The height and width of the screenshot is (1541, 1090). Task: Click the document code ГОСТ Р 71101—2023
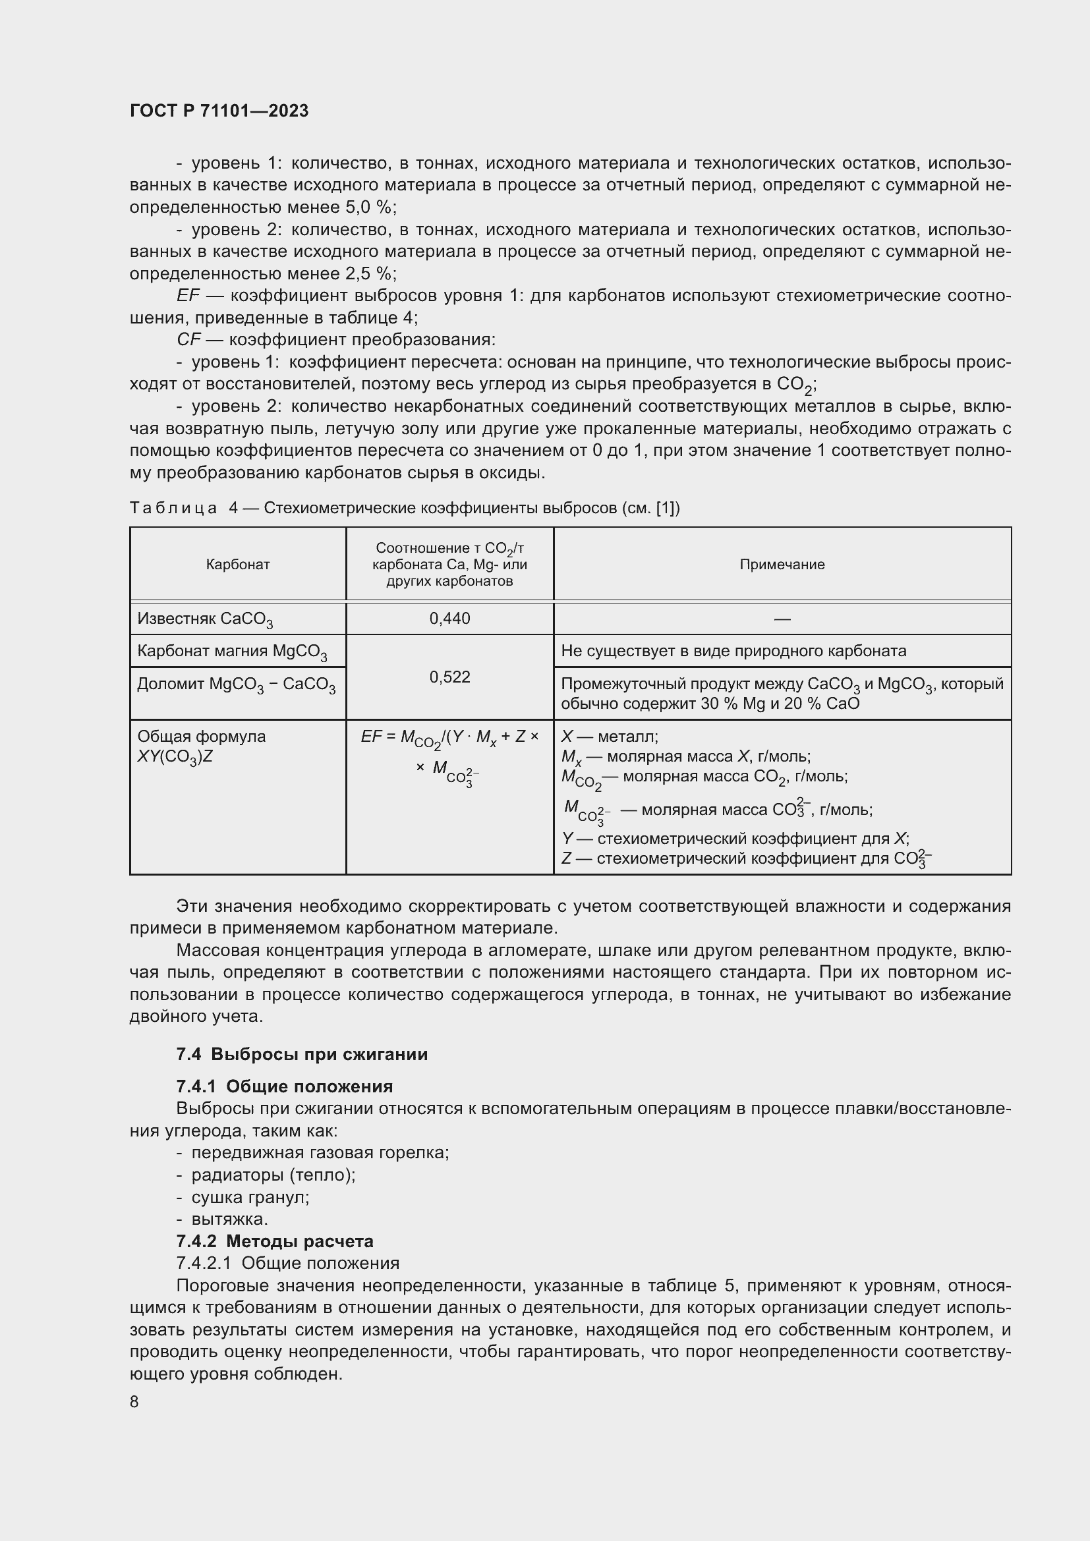point(219,111)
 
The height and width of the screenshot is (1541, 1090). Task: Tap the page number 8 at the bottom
point(134,1401)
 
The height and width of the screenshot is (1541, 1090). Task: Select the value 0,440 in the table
point(449,618)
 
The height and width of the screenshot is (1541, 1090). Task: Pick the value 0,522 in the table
point(449,677)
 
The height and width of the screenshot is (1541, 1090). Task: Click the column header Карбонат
point(238,565)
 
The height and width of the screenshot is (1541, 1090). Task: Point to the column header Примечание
point(782,565)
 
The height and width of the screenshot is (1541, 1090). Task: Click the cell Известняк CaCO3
point(205,619)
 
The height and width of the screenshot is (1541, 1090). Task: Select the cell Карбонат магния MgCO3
point(231,652)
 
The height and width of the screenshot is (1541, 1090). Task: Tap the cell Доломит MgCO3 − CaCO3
point(237,685)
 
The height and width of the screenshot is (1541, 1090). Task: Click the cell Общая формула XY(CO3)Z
point(202,746)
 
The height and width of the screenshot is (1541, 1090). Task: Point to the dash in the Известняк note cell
point(782,618)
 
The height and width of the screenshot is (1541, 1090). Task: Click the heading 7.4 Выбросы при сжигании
point(302,1053)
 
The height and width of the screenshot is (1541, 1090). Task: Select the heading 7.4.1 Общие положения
point(285,1086)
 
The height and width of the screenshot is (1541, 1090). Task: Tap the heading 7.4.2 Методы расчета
point(275,1241)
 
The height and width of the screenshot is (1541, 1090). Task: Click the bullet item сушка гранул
point(250,1196)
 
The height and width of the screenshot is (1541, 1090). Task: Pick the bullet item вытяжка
point(229,1219)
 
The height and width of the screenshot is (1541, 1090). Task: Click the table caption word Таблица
point(173,508)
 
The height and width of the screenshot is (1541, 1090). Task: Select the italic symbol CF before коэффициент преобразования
point(188,339)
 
